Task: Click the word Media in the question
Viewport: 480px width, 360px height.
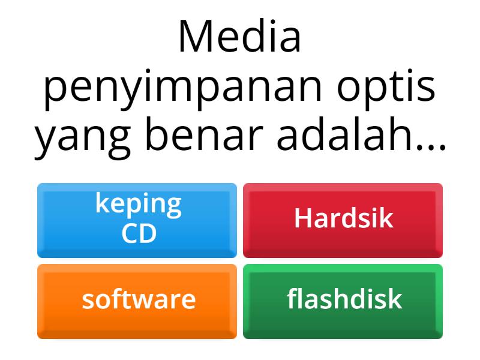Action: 239,37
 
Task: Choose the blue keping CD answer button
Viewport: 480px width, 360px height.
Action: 137,220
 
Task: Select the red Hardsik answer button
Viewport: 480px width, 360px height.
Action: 343,220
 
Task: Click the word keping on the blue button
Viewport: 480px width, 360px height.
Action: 138,205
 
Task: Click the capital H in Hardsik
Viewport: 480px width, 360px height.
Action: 302,219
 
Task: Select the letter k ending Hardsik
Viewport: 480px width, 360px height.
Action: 387,219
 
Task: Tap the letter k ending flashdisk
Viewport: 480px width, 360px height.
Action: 395,299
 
